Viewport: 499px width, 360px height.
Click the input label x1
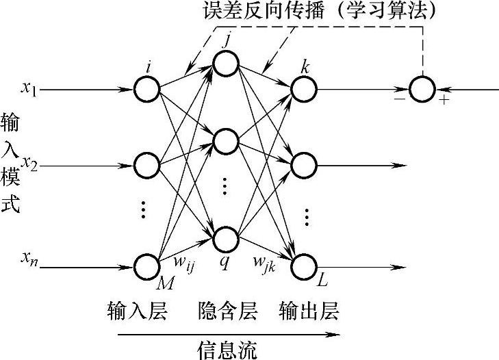(29, 88)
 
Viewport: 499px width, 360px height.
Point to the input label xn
(29, 257)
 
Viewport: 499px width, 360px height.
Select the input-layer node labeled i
(146, 89)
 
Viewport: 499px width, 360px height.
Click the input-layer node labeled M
(146, 266)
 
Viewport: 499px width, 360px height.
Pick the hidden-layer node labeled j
(225, 64)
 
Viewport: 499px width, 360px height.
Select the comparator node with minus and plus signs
(422, 89)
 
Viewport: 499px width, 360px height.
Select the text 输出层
(309, 312)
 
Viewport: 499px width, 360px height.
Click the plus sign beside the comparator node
(444, 101)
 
